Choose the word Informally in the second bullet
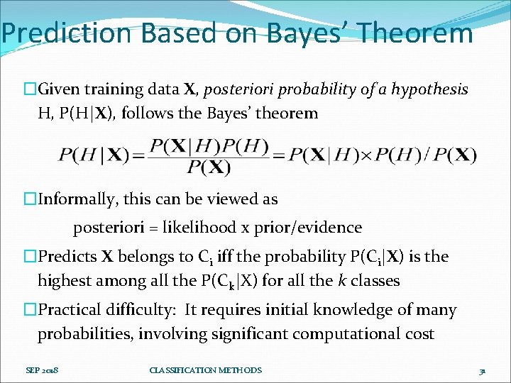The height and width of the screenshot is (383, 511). (74, 199)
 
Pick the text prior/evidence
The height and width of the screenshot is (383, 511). (312, 228)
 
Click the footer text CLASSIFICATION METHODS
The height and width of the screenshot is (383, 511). (206, 370)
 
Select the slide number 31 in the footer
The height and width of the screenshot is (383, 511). (481, 371)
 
